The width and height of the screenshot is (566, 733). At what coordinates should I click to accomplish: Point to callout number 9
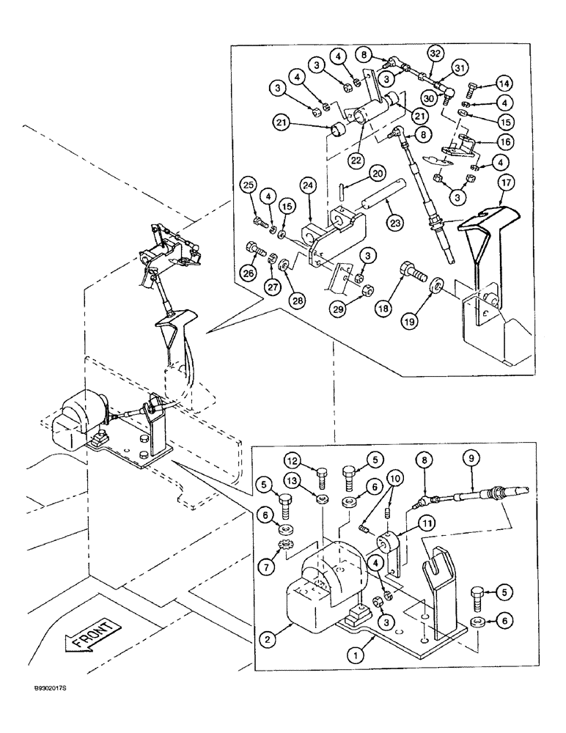point(471,458)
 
